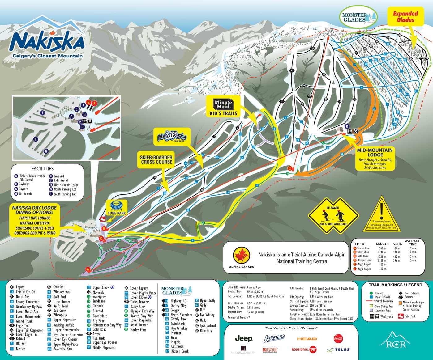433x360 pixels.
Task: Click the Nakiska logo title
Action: pyautogui.click(x=47, y=40)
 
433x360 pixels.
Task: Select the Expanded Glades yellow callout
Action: pyautogui.click(x=405, y=17)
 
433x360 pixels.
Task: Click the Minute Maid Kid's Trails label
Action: pyautogui.click(x=223, y=108)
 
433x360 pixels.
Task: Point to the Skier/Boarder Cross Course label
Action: pyautogui.click(x=156, y=159)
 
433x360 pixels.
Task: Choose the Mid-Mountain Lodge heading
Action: pyautogui.click(x=375, y=152)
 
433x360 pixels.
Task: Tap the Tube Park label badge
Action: pyautogui.click(x=117, y=208)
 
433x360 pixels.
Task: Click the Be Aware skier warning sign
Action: pyautogui.click(x=333, y=217)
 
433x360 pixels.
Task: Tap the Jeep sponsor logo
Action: pyautogui.click(x=244, y=339)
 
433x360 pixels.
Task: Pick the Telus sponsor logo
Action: pyautogui.click(x=339, y=349)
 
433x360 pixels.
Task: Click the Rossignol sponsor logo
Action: pyautogui.click(x=304, y=349)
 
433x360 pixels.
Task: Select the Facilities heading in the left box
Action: pyautogui.click(x=42, y=169)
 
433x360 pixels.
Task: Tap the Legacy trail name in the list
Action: pyautogui.click(x=20, y=287)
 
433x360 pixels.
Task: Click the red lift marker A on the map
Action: pyautogui.click(x=88, y=269)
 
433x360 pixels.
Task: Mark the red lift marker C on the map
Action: pyautogui.click(x=290, y=168)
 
